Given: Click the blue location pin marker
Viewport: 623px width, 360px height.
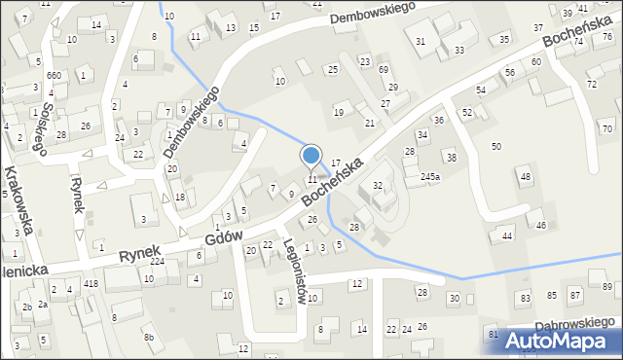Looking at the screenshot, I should (311, 156).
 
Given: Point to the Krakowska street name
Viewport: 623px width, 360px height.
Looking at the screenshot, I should (20, 199).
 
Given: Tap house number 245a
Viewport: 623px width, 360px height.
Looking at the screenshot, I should (430, 177).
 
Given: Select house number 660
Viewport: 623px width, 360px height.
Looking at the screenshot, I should (54, 76).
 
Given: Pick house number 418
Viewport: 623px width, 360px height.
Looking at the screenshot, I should (91, 283).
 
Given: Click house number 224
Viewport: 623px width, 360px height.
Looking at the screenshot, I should (157, 262).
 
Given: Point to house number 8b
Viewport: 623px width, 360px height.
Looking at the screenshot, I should (149, 338).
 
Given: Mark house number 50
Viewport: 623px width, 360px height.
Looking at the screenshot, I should (496, 146).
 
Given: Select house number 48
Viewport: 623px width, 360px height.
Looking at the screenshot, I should (526, 176).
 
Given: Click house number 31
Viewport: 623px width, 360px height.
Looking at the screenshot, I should (421, 41).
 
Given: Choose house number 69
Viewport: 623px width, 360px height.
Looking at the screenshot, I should (384, 70).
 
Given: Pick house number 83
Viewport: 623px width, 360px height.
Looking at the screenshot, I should (526, 297).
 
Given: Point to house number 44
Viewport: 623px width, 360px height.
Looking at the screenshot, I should (507, 236).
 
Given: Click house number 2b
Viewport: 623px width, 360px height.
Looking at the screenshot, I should (27, 307).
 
